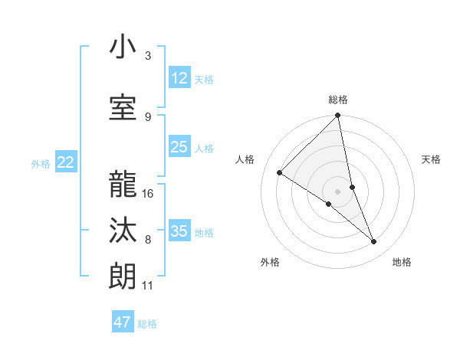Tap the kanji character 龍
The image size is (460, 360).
(x=123, y=185)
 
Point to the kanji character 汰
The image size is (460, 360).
(x=123, y=231)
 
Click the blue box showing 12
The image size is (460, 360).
(x=179, y=78)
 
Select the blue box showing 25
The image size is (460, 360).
(x=179, y=148)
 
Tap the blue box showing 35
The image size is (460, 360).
(x=179, y=231)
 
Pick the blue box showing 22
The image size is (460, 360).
(x=66, y=162)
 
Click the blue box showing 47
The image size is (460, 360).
(x=123, y=322)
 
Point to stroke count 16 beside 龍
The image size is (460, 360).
(x=149, y=193)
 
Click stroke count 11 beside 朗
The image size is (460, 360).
(x=148, y=286)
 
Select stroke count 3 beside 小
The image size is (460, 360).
(x=148, y=56)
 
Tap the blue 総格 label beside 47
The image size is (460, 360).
(x=147, y=324)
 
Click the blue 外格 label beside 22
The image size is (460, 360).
(x=41, y=163)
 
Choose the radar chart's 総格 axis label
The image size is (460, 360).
(x=338, y=100)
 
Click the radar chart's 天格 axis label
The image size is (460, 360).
(x=432, y=159)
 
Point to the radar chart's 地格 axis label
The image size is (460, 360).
(x=402, y=263)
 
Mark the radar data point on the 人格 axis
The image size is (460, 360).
(x=280, y=173)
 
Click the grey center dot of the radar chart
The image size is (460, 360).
(x=337, y=191)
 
